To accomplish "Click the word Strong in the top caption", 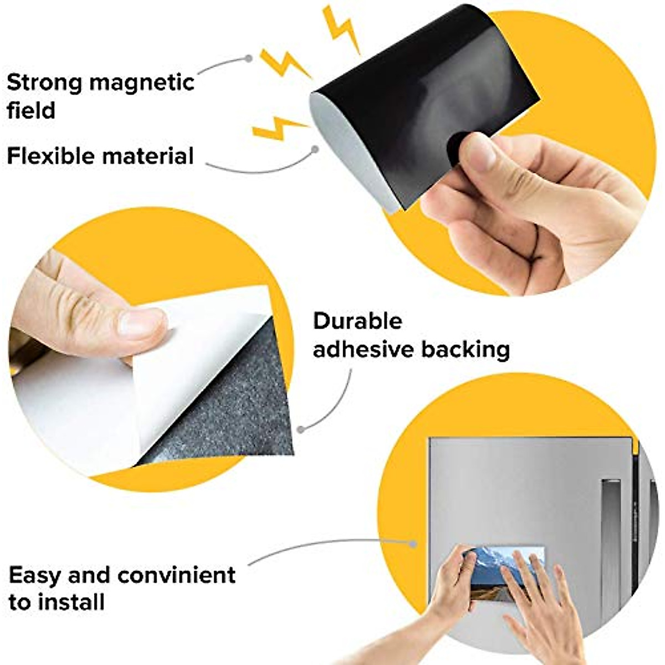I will pos(44,83).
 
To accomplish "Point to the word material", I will pos(147,156).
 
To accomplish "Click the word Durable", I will pos(357,321).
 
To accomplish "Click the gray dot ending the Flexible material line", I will pos(315,149).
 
